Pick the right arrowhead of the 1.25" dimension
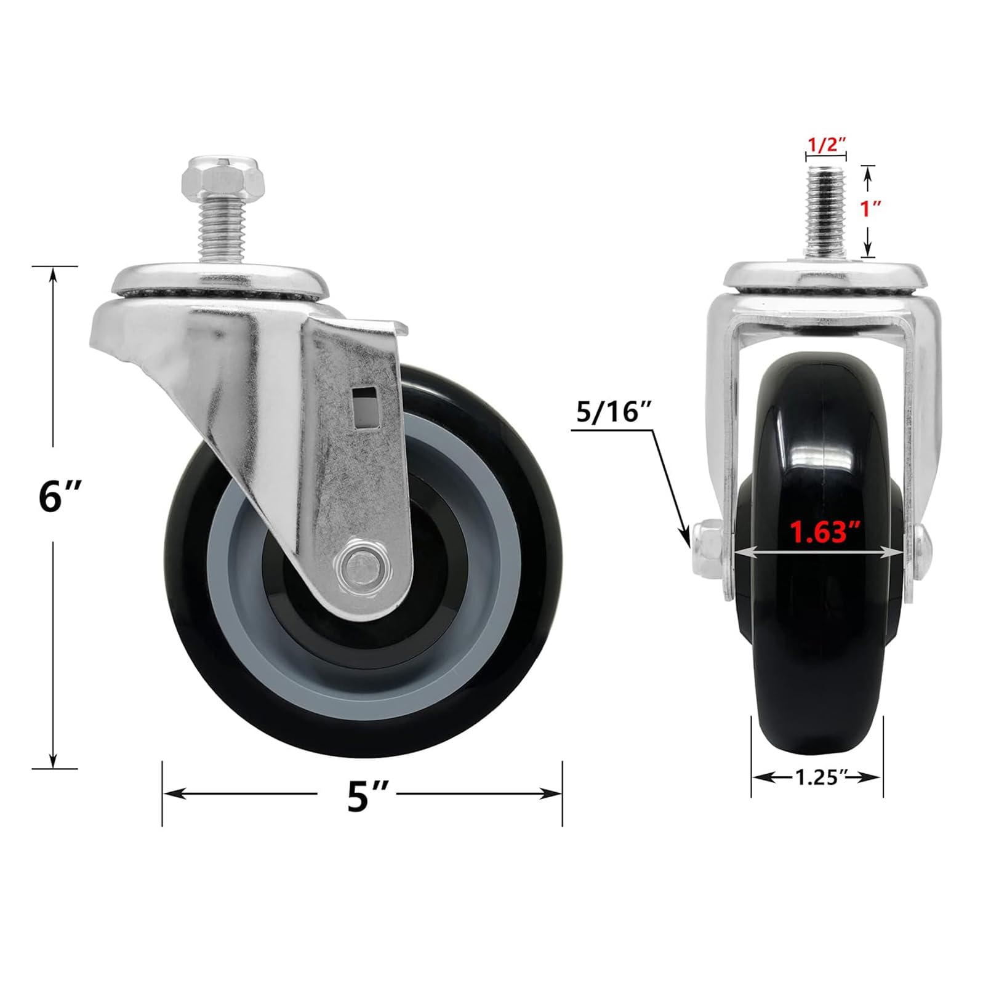pos(877,777)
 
